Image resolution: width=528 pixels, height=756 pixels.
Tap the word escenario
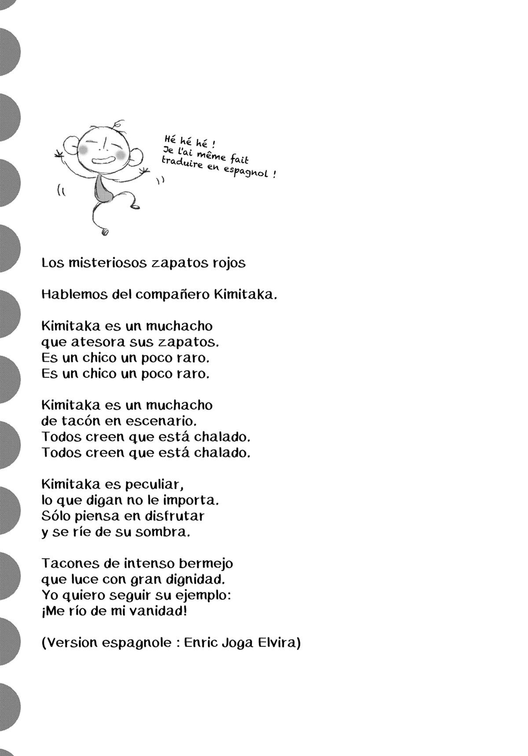click(x=161, y=421)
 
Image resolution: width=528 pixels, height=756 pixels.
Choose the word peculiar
click(x=153, y=484)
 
